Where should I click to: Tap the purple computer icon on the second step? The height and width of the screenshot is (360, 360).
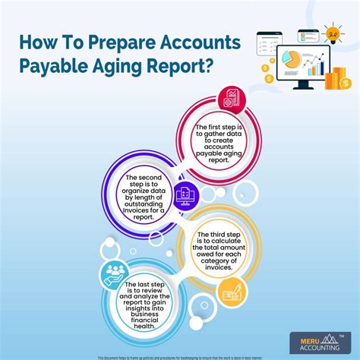point(184,197)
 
